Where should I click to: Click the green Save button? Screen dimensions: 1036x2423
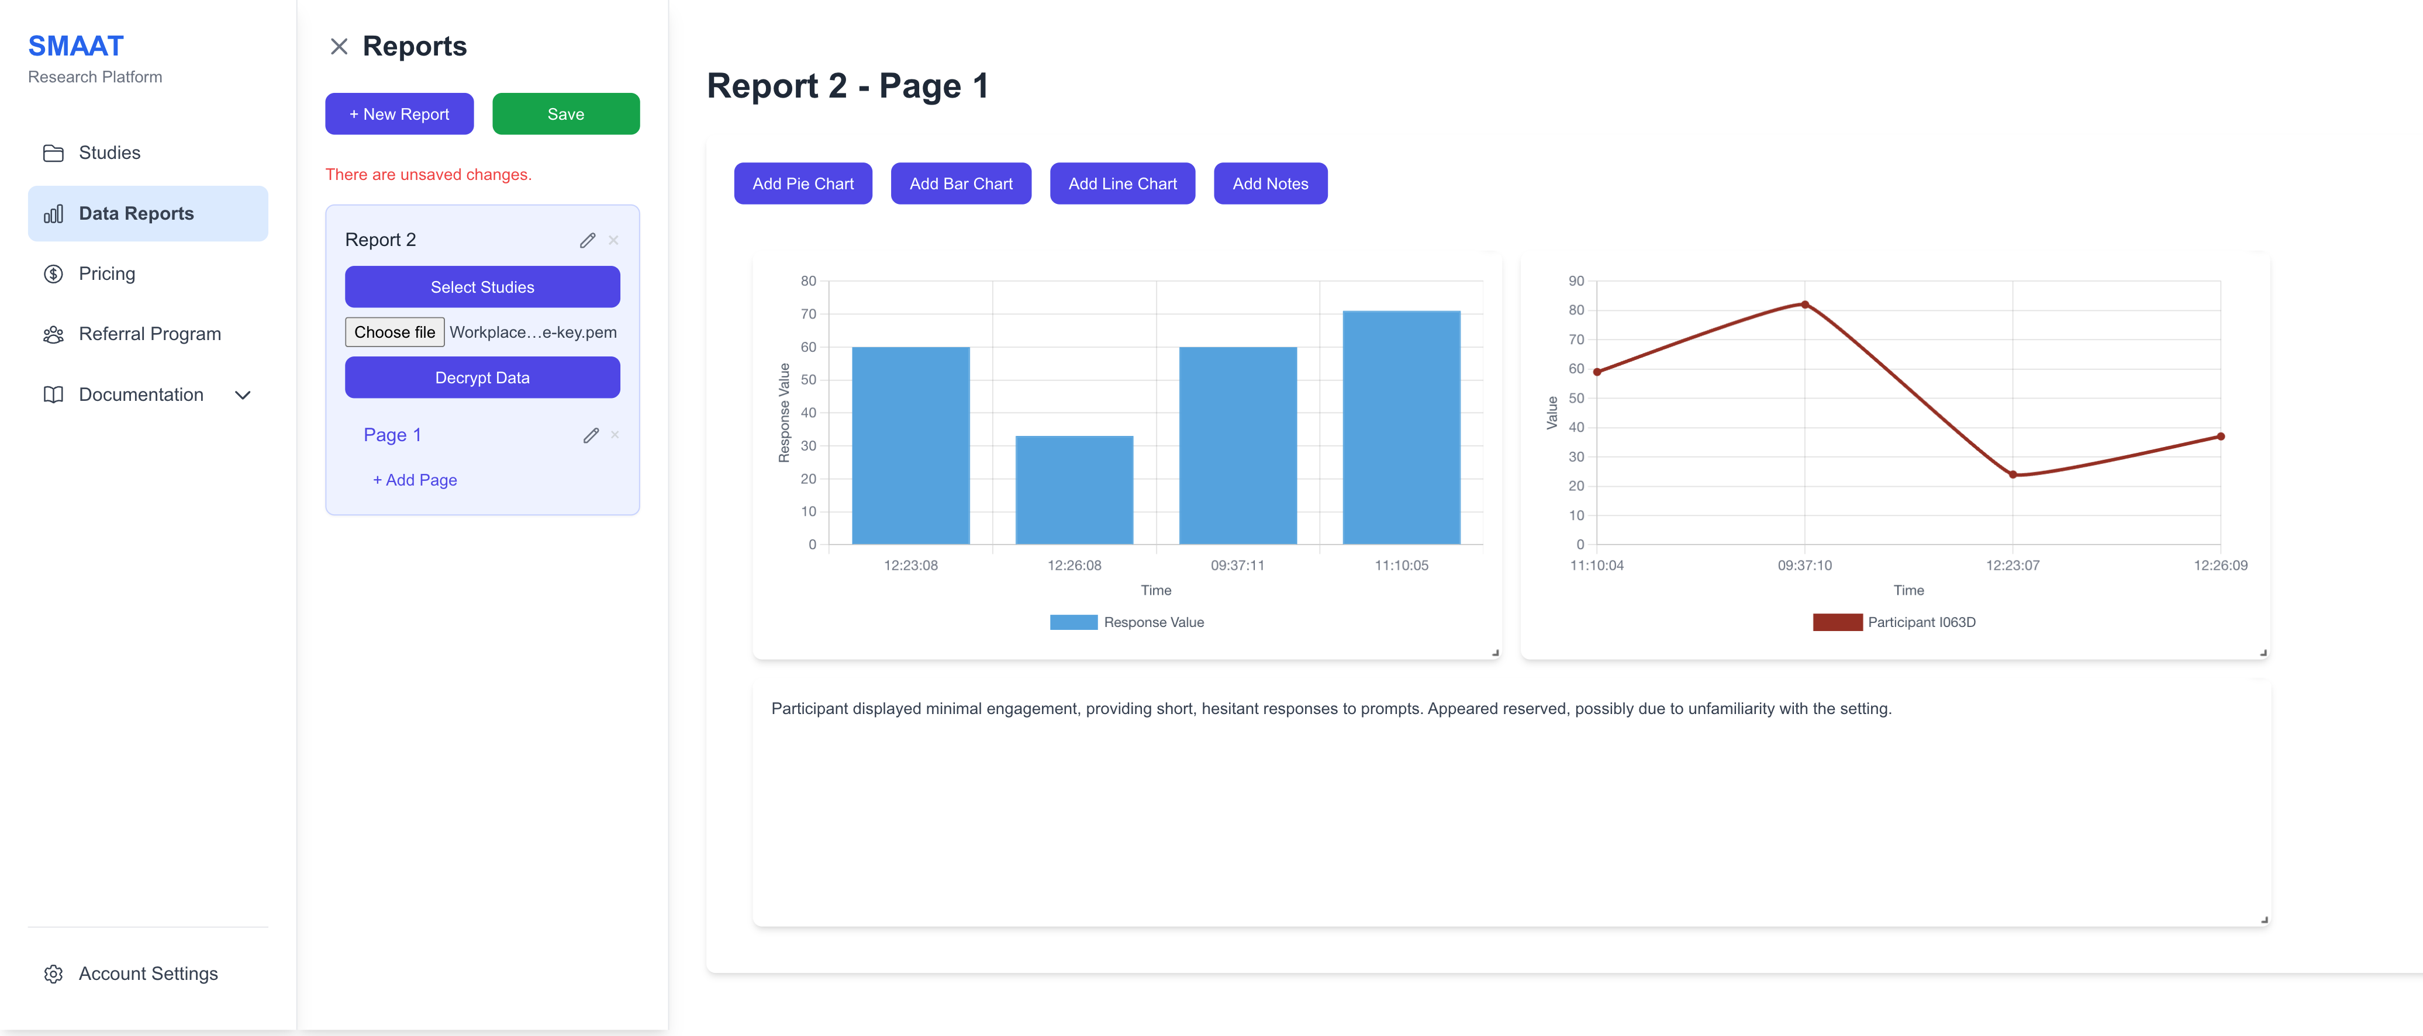(x=565, y=114)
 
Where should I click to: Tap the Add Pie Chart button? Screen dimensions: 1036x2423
(x=802, y=183)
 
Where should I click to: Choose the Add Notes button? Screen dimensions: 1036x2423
(x=1270, y=183)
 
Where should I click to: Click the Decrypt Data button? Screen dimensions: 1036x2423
(x=482, y=377)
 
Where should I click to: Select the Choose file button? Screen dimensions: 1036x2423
(x=394, y=332)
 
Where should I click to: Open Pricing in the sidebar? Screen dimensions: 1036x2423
(x=106, y=273)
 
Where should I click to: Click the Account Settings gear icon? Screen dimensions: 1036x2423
(x=54, y=974)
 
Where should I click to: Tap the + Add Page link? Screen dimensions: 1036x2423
(x=415, y=480)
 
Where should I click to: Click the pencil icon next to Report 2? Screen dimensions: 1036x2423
(x=587, y=241)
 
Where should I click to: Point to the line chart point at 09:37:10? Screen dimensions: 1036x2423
(x=1804, y=304)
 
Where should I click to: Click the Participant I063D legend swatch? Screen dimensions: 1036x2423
(x=1837, y=622)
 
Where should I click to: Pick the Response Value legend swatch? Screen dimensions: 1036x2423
(x=1074, y=622)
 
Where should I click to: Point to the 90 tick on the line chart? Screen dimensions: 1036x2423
(x=1576, y=281)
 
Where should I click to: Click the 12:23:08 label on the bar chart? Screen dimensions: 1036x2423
(x=910, y=565)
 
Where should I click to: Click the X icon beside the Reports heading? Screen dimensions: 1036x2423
(x=339, y=46)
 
